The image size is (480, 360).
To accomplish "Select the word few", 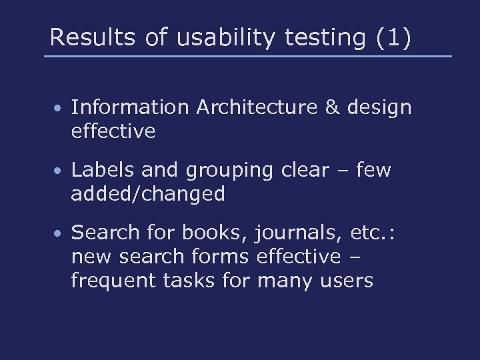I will point(373,170).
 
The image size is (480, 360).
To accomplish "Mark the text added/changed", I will point(148,195).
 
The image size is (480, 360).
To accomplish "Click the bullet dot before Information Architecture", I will point(59,108).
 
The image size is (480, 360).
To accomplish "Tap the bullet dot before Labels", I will point(59,171).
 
